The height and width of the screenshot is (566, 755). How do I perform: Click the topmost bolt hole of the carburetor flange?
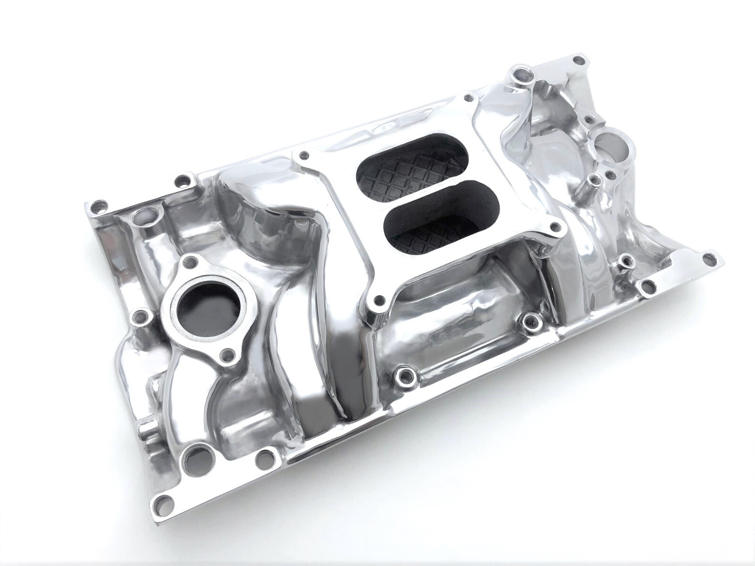pos(468,98)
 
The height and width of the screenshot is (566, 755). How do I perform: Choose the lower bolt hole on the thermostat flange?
pos(229,352)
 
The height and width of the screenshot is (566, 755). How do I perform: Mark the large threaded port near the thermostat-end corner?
pos(141,216)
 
